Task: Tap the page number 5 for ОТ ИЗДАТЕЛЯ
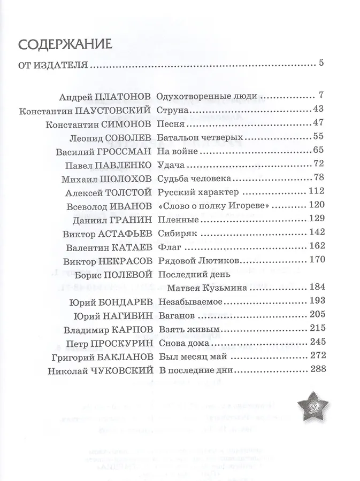(321, 65)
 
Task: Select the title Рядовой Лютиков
(197, 261)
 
